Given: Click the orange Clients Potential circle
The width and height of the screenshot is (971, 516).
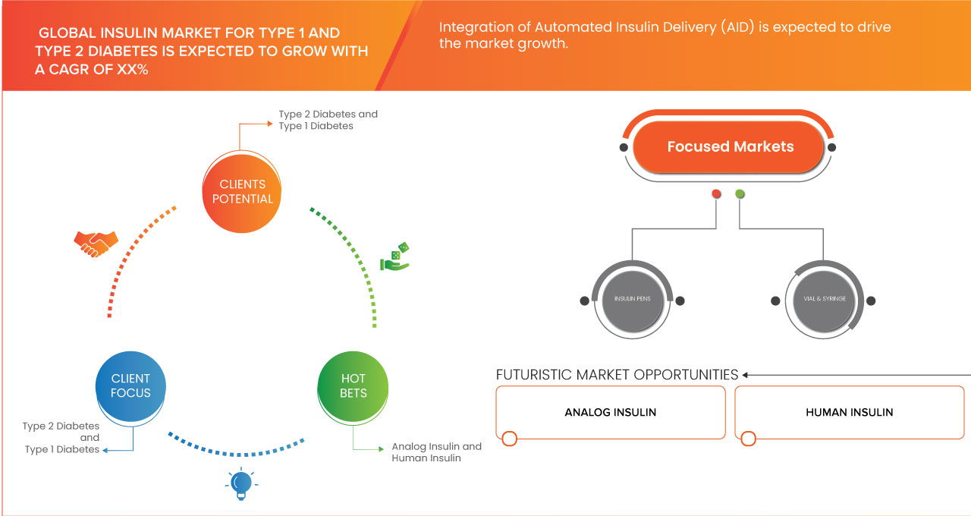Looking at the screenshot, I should [x=242, y=191].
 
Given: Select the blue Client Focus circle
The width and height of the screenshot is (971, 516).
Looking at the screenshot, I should [x=130, y=385].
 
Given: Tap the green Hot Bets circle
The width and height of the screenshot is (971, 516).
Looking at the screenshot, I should [x=353, y=385].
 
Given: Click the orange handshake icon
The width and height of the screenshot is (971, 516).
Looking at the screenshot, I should [x=96, y=243].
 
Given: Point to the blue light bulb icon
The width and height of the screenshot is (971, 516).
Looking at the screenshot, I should [x=241, y=483].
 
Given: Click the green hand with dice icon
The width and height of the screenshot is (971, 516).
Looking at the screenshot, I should [x=394, y=256].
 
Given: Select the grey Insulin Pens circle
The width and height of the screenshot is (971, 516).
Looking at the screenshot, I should [x=632, y=299].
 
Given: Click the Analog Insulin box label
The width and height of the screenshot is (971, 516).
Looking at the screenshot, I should [x=610, y=412].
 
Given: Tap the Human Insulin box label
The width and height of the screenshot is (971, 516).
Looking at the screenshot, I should [x=849, y=412].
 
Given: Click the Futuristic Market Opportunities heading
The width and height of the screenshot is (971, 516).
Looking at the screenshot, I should [x=617, y=375].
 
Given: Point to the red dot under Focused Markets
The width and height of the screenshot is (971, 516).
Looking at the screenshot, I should [x=716, y=194].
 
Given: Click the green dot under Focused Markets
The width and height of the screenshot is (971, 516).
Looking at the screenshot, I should [x=740, y=194].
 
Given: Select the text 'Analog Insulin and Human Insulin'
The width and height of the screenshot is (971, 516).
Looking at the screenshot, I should [x=436, y=452].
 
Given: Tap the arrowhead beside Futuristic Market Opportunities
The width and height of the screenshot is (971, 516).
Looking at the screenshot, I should [x=746, y=375].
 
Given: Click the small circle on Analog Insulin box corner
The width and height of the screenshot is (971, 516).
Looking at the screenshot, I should [x=510, y=439].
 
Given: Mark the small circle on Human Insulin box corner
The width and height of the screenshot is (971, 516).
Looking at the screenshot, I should [x=748, y=439].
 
